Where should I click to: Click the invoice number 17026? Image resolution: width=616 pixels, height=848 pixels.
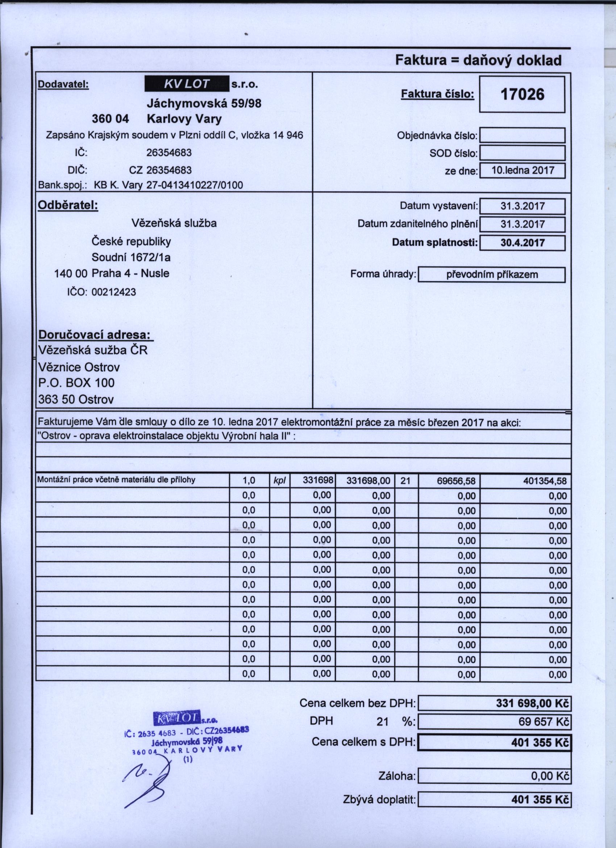(522, 94)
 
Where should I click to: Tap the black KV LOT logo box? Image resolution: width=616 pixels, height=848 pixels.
(187, 84)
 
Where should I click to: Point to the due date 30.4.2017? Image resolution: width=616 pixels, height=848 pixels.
(522, 243)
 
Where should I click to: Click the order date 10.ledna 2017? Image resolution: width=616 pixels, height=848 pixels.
(522, 170)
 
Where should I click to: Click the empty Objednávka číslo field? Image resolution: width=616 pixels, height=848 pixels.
(522, 135)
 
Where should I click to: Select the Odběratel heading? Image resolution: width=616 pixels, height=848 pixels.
(68, 205)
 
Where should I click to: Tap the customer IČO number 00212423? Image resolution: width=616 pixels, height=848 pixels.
(114, 292)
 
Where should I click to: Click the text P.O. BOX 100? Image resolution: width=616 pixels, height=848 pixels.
(76, 383)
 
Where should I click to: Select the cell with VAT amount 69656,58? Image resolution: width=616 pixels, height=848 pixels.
(457, 481)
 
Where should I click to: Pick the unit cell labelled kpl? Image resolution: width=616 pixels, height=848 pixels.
(280, 481)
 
